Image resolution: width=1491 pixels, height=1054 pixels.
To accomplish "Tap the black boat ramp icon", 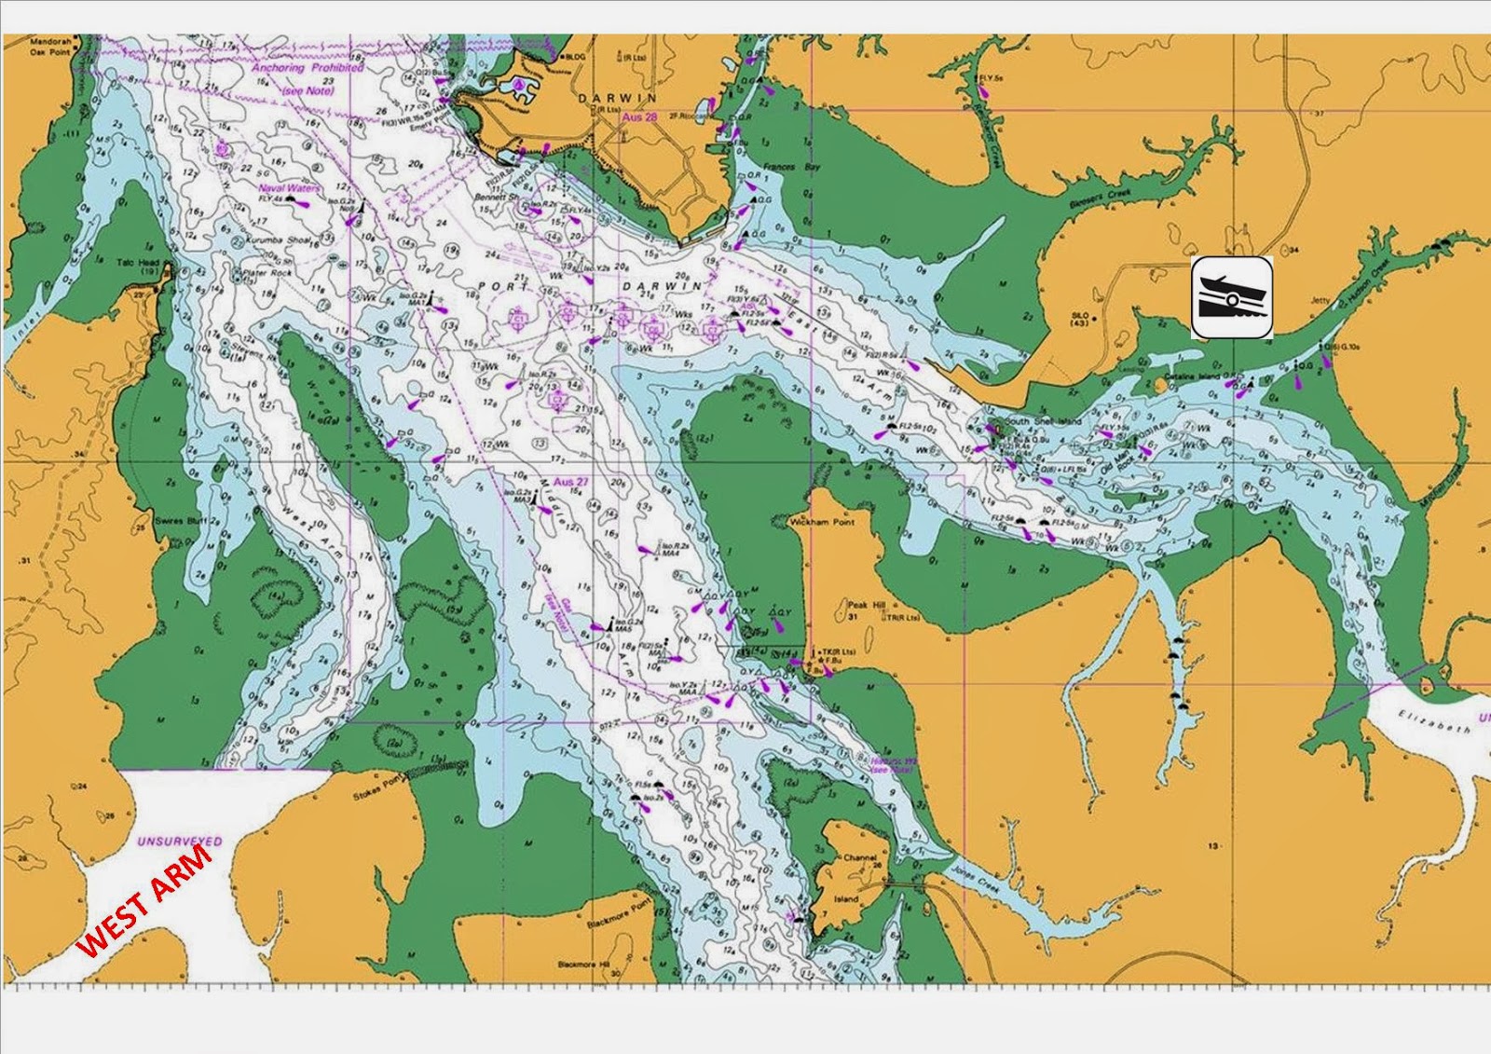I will (1232, 297).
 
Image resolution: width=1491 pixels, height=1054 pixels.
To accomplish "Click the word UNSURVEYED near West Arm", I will (179, 842).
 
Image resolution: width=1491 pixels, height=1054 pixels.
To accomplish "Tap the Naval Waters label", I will (289, 188).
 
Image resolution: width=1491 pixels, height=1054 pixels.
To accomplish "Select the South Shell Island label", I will (1042, 422).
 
